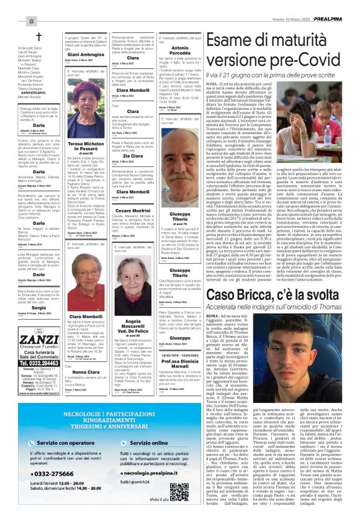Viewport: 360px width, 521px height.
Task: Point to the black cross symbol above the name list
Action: pyautogui.click(x=38, y=37)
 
